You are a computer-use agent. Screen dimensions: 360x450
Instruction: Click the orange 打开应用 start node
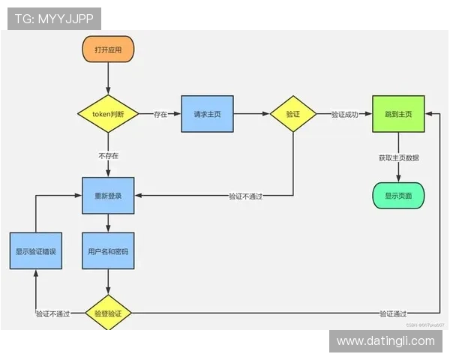coord(108,49)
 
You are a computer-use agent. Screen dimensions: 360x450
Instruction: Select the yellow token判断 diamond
coord(108,114)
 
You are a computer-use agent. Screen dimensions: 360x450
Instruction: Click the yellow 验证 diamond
coord(292,114)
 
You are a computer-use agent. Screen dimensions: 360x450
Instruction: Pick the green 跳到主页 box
coord(398,114)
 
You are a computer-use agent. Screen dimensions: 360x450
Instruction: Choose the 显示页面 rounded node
coord(398,196)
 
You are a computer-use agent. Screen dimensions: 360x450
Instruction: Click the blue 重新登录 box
coord(108,195)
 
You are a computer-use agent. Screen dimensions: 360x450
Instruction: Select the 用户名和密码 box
coord(108,252)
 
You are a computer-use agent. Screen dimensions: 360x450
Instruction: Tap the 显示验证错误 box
coord(36,252)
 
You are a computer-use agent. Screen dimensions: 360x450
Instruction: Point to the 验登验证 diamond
coord(108,313)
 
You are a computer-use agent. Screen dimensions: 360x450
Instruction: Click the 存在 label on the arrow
coord(160,115)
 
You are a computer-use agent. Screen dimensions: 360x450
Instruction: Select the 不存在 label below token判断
coord(108,155)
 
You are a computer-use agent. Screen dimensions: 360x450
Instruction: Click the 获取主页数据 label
coord(398,157)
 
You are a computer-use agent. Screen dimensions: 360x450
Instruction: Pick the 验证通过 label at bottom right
coord(393,314)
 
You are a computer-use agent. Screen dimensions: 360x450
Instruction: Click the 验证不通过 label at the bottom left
coord(52,314)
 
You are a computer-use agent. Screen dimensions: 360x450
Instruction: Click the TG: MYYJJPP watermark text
coord(54,18)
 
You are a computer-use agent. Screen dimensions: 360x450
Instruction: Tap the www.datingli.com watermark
coord(385,341)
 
